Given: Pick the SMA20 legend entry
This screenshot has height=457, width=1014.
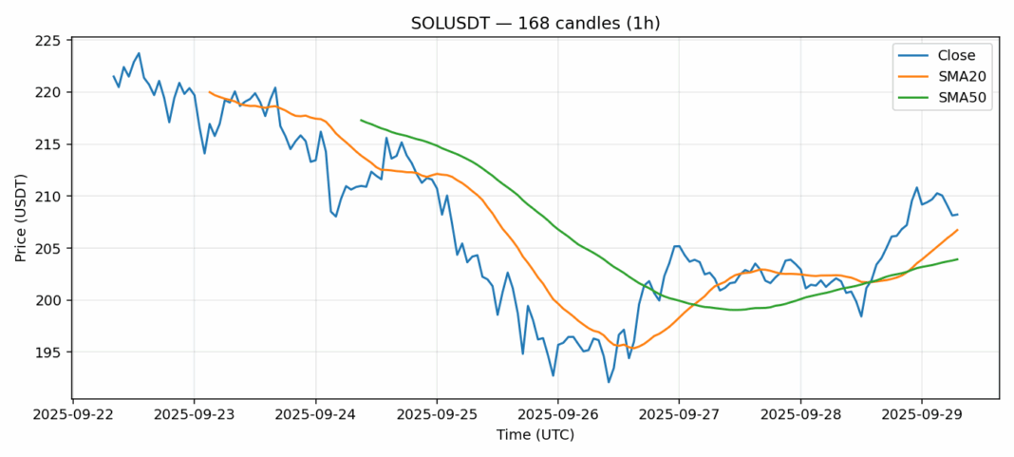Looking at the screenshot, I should click(x=949, y=76).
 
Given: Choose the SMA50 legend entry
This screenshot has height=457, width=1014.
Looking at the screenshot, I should click(x=949, y=97).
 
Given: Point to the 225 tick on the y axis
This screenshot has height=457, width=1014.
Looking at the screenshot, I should click(x=47, y=41).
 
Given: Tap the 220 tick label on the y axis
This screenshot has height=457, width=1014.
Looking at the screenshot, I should click(x=47, y=92).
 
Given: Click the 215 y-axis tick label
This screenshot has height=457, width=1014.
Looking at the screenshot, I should click(x=47, y=144).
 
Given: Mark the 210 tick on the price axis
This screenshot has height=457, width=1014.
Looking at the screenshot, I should click(x=47, y=197).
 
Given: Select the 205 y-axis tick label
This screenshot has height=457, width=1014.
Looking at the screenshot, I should click(x=47, y=248).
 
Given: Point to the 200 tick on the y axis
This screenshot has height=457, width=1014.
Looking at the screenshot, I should click(x=47, y=300).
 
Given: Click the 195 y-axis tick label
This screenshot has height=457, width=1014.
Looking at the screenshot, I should click(x=47, y=352).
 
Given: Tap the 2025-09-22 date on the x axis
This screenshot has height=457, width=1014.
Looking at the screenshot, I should click(x=73, y=415).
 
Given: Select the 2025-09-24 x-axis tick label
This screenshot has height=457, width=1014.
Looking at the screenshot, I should click(x=315, y=415).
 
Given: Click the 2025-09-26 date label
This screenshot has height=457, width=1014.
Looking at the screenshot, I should click(x=557, y=415).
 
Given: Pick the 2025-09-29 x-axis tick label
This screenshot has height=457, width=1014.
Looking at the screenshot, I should click(x=921, y=415).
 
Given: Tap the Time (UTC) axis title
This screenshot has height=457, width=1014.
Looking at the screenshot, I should click(x=535, y=435).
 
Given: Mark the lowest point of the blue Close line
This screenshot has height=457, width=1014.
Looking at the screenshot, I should click(x=609, y=382).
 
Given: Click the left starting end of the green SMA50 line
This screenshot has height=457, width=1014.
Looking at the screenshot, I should click(x=361, y=120).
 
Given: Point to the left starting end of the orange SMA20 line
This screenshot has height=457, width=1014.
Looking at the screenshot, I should click(x=209, y=92).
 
